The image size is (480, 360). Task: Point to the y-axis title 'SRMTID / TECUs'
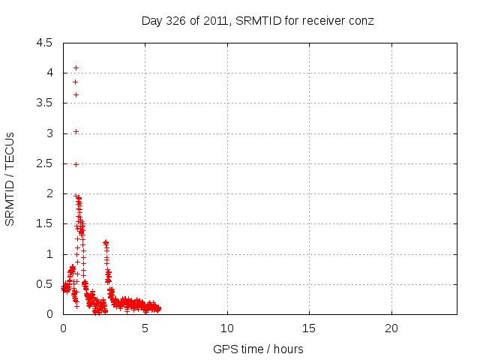coord(10,178)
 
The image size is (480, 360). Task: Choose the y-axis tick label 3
coord(49,133)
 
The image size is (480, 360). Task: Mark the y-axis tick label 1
coord(49,254)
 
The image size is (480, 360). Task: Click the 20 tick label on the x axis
coord(391,328)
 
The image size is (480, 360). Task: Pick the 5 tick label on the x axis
coord(145,328)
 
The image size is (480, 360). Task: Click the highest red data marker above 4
coord(76,67)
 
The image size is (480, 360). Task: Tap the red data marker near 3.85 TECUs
coord(75,82)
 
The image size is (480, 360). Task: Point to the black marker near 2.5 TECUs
coord(76,163)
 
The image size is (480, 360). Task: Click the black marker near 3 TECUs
coord(76,131)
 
